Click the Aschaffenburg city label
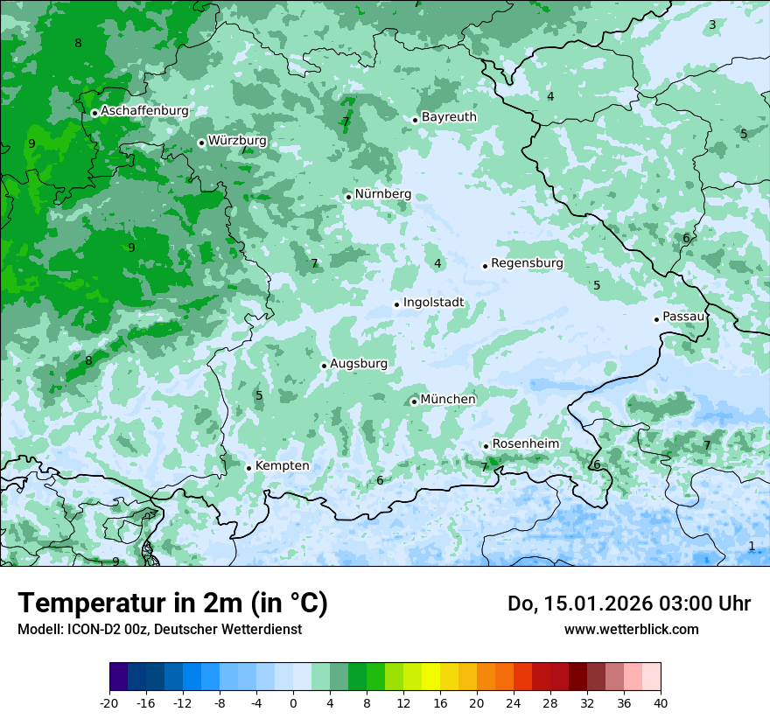click(144, 111)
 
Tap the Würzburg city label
click(237, 141)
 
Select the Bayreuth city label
click(449, 117)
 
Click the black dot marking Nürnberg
click(348, 197)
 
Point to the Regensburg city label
click(527, 263)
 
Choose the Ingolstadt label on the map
click(433, 303)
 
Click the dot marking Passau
click(656, 319)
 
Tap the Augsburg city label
click(359, 364)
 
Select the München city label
click(448, 400)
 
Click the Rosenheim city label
click(525, 444)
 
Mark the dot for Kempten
click(248, 468)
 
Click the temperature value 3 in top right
click(712, 24)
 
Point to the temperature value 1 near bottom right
click(751, 546)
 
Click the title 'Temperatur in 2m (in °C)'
click(172, 603)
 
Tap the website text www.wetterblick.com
click(631, 629)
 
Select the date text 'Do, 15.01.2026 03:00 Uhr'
click(628, 604)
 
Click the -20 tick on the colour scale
click(109, 702)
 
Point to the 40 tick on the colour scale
click(660, 702)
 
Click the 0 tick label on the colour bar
click(293, 702)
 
